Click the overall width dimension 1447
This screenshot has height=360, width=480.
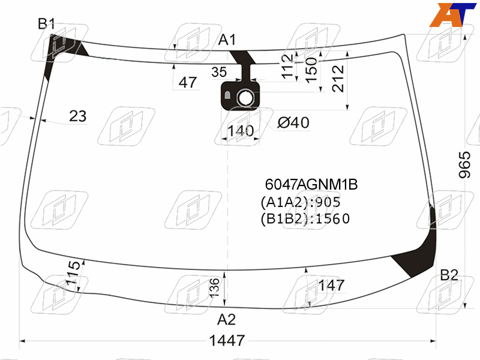pyautogui.click(x=227, y=340)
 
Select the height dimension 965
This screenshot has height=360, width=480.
pyautogui.click(x=464, y=164)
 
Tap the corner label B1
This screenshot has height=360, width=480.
pyautogui.click(x=46, y=23)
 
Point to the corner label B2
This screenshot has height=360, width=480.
pyautogui.click(x=449, y=275)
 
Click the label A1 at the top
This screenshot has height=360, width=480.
pyautogui.click(x=227, y=40)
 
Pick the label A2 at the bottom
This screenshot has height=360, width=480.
pyautogui.click(x=227, y=320)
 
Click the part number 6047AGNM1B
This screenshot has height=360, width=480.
pyautogui.click(x=311, y=184)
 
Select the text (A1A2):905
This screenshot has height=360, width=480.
pyautogui.click(x=301, y=202)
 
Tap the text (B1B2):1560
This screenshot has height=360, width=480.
pyautogui.click(x=305, y=219)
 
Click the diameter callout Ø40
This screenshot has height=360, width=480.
pyautogui.click(x=293, y=122)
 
